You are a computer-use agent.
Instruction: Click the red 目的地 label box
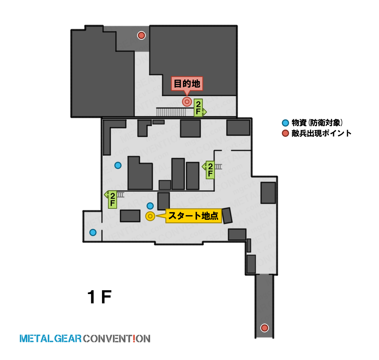tap(187, 84)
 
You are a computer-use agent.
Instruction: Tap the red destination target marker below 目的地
tap(187, 102)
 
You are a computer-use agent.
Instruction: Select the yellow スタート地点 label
tap(193, 216)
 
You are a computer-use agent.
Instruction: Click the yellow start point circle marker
tap(150, 216)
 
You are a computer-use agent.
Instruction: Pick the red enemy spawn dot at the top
tap(141, 36)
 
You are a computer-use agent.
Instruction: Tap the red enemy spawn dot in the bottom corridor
tap(265, 328)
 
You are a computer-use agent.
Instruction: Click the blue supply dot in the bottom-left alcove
tap(93, 232)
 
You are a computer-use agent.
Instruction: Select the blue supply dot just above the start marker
tap(150, 206)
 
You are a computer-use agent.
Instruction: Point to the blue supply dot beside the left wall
tap(118, 165)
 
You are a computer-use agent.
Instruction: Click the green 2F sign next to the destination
tap(199, 108)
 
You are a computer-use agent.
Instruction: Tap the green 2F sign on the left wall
tap(112, 199)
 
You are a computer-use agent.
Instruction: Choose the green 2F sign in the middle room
tap(209, 170)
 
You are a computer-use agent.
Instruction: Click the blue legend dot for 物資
tap(285, 123)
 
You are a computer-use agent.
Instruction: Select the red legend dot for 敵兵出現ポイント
tap(285, 133)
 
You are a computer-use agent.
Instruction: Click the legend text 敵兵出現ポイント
tap(321, 133)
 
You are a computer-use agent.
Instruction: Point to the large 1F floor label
tap(100, 297)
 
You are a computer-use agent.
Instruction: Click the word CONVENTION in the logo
tap(117, 338)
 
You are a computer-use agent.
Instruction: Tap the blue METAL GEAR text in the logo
tap(50, 338)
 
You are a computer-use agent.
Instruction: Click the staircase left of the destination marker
tap(171, 112)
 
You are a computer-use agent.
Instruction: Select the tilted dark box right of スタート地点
tap(227, 216)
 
